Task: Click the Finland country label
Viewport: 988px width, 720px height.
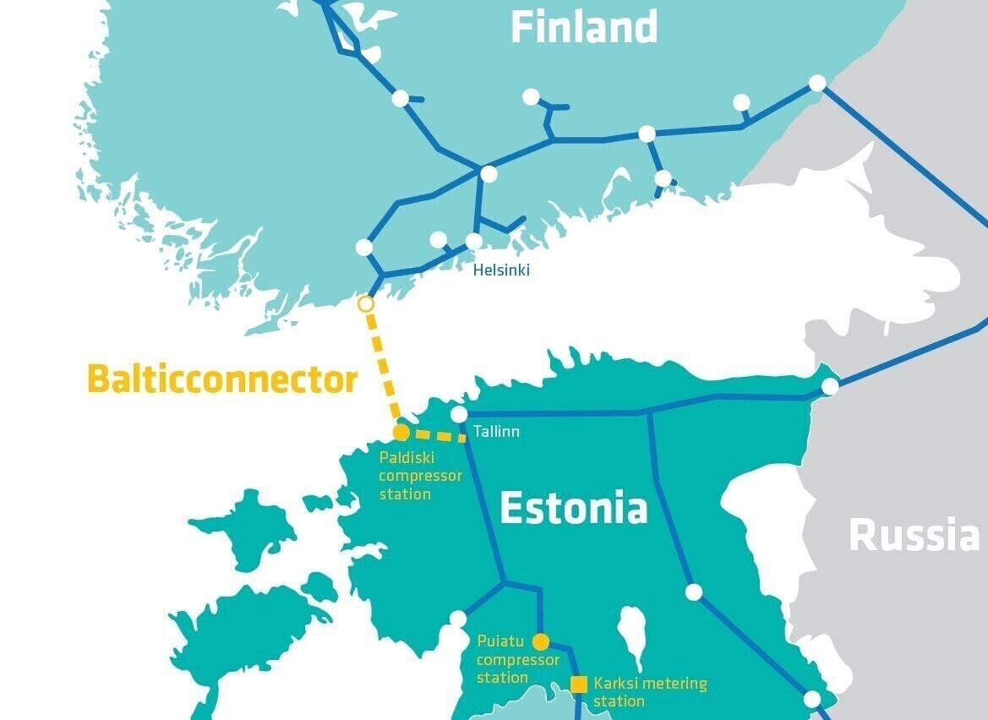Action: tap(584, 27)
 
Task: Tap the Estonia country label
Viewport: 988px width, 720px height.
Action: tap(573, 508)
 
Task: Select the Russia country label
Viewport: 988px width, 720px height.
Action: tap(914, 535)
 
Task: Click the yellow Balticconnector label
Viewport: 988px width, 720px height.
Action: tap(222, 379)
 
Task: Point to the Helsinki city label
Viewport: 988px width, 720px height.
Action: tap(501, 270)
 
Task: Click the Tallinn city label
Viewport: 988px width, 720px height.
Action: tap(496, 432)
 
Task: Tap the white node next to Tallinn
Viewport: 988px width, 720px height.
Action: tap(459, 414)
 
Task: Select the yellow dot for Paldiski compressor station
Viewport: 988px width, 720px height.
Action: tap(401, 433)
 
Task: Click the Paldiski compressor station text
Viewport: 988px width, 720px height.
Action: tap(420, 476)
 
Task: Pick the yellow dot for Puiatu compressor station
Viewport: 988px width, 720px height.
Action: tap(541, 641)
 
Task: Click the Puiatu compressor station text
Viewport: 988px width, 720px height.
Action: tap(517, 659)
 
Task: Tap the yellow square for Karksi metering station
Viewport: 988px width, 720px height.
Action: tap(579, 684)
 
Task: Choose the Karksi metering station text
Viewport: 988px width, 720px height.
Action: tap(649, 691)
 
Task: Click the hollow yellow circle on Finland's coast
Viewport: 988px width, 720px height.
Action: tap(366, 303)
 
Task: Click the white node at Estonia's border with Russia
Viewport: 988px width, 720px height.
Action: tap(830, 386)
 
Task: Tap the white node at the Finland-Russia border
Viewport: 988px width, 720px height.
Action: tap(817, 83)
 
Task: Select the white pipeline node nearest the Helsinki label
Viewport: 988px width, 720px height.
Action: tap(474, 242)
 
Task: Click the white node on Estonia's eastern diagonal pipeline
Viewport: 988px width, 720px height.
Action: tap(693, 592)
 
